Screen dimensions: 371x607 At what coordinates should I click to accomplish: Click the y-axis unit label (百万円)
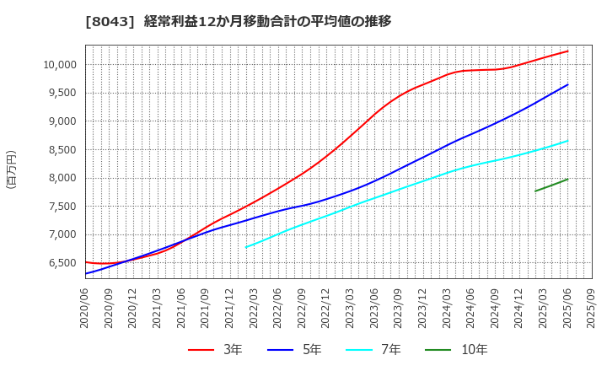coord(11,169)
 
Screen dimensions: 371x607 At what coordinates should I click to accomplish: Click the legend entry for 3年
coord(218,350)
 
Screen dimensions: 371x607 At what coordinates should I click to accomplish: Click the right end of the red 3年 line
coord(567,51)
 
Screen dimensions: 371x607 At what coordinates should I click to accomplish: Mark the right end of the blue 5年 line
coord(567,84)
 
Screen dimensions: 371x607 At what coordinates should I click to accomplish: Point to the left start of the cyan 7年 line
coord(246,247)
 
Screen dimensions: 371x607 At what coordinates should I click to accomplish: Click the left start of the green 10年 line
coord(535,191)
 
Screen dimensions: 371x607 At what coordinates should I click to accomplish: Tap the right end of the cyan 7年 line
coord(567,141)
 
